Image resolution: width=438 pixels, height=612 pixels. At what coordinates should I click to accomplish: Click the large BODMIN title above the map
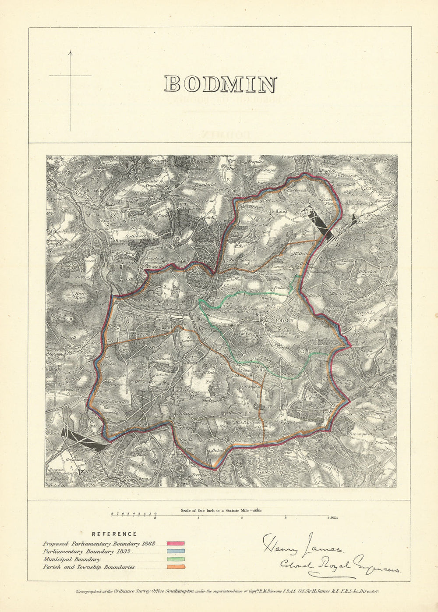pos(221,84)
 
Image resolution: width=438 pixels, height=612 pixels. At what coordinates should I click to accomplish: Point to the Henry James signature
pos(302,545)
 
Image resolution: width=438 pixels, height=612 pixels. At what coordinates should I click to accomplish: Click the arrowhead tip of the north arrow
pos(70,52)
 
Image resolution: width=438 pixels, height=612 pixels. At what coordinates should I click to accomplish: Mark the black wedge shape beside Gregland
pos(83,440)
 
